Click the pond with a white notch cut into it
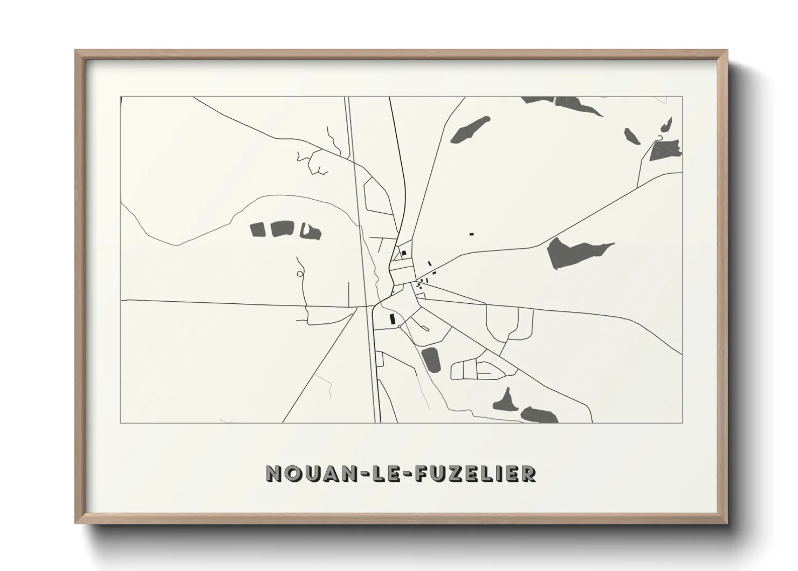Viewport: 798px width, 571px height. pyautogui.click(x=311, y=232)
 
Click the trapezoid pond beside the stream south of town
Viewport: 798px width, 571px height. pyautogui.click(x=431, y=359)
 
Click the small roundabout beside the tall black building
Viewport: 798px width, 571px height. pyautogui.click(x=399, y=327)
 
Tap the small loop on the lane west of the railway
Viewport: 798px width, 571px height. pyautogui.click(x=300, y=274)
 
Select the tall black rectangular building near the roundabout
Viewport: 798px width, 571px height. pyautogui.click(x=392, y=319)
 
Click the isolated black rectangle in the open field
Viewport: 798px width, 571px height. pyautogui.click(x=471, y=234)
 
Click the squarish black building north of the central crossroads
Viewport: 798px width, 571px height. pyautogui.click(x=403, y=253)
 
